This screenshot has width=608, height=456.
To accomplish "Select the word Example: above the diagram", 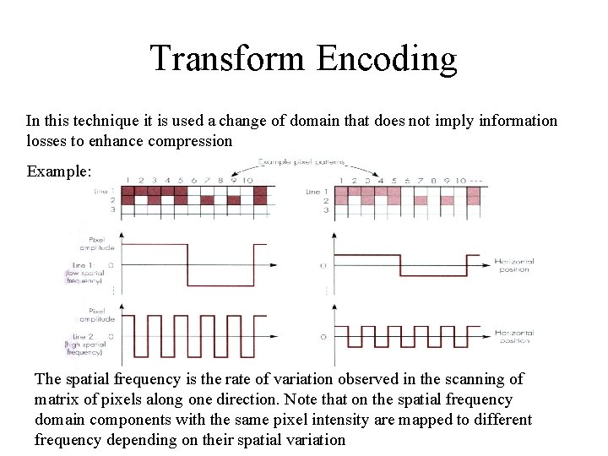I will pos(58,171).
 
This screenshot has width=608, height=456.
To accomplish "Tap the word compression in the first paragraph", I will pos(190,141).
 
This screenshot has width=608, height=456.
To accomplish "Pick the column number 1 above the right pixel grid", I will pos(341,181).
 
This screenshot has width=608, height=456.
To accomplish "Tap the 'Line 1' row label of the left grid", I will pos(104,192).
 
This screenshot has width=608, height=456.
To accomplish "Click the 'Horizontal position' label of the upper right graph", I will pos(514,266).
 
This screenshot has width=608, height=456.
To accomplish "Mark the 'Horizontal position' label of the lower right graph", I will pos(514,337).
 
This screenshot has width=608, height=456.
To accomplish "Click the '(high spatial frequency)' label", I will pos(85,346).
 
